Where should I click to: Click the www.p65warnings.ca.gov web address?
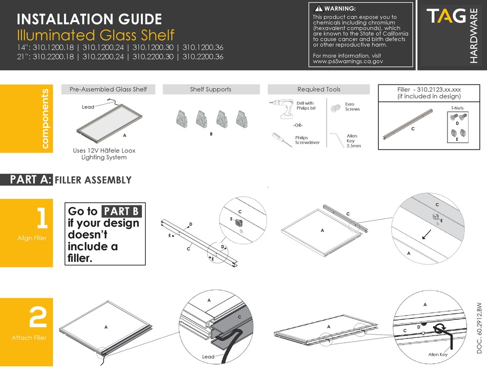click(348, 61)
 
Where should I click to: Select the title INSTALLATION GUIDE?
click(89, 19)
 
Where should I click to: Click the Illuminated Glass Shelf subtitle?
click(95, 35)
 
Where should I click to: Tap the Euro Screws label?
click(352, 107)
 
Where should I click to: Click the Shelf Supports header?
click(210, 89)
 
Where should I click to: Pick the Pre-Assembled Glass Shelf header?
click(108, 89)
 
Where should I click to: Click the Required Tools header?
click(318, 89)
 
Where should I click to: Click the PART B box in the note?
click(121, 212)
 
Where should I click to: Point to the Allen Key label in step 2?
click(437, 354)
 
